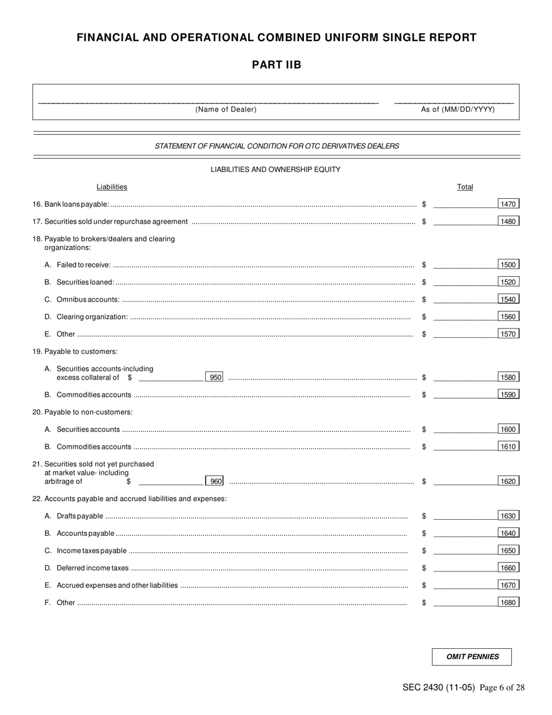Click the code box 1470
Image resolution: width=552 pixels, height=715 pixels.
click(x=508, y=204)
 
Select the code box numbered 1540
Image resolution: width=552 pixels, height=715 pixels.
click(x=508, y=299)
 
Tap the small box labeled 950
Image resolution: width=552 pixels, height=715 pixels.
click(x=215, y=377)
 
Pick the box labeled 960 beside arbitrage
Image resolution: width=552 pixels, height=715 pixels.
click(x=215, y=481)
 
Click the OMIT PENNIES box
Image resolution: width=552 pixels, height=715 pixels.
click(x=472, y=657)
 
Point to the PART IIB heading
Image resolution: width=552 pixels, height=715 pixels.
click(x=277, y=65)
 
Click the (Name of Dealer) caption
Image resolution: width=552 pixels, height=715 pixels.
click(x=226, y=109)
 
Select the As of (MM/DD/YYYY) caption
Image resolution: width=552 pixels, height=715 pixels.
click(x=458, y=109)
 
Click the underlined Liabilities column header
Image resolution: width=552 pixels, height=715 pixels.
click(x=112, y=187)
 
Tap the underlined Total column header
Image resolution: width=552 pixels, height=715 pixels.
click(x=465, y=187)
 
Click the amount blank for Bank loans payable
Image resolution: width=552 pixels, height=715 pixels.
click(x=464, y=205)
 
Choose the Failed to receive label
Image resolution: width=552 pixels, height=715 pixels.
click(x=84, y=265)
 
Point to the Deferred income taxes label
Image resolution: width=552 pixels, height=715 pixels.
click(x=92, y=568)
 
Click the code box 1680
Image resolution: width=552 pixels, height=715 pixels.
click(x=508, y=603)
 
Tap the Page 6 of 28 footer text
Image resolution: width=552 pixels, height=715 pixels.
click(x=503, y=688)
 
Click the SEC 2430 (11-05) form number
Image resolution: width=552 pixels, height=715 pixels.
click(x=438, y=688)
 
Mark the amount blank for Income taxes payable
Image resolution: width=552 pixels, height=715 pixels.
click(x=464, y=551)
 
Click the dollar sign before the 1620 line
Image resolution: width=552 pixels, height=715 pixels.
click(x=424, y=481)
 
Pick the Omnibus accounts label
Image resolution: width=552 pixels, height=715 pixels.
click(x=88, y=300)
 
